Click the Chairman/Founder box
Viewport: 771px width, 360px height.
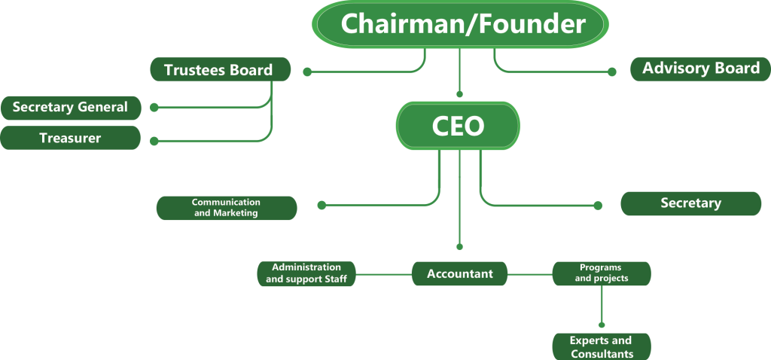460,24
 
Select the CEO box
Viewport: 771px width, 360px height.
458,126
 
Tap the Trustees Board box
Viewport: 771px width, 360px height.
221,69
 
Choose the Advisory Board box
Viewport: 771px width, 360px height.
701,69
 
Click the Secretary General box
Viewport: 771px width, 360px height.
71,108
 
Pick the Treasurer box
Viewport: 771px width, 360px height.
70,138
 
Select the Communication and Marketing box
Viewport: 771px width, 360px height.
227,208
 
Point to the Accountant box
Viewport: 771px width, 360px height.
460,273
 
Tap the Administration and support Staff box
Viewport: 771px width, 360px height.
306,273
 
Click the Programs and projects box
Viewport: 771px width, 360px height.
602,273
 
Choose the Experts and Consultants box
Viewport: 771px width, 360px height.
602,346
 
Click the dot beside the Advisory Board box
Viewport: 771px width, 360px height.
611,72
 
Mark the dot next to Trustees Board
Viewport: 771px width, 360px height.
307,72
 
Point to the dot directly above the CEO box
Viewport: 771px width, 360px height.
460,94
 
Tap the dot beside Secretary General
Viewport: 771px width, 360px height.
154,107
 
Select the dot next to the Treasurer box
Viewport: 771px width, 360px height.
154,141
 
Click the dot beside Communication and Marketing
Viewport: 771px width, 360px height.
322,205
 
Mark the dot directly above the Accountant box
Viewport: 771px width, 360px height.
460,247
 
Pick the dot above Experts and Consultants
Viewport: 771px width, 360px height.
602,325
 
